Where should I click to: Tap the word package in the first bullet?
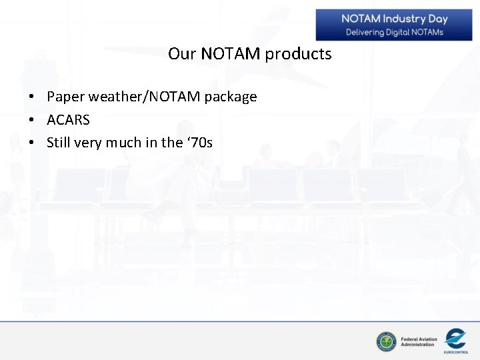[x=231, y=97]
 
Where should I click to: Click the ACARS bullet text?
[x=68, y=120]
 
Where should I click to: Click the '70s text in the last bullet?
[x=199, y=143]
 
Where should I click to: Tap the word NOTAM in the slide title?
[x=230, y=54]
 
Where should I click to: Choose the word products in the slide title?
[x=298, y=54]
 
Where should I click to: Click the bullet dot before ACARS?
[x=31, y=121]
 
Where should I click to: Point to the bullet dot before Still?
[x=31, y=143]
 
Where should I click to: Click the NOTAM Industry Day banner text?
[x=394, y=19]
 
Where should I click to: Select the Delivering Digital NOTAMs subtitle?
[x=394, y=32]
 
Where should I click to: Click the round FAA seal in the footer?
[x=386, y=341]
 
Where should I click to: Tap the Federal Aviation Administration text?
[x=419, y=342]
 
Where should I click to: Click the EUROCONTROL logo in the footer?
[x=456, y=340]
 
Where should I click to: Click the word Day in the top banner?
[x=437, y=19]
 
